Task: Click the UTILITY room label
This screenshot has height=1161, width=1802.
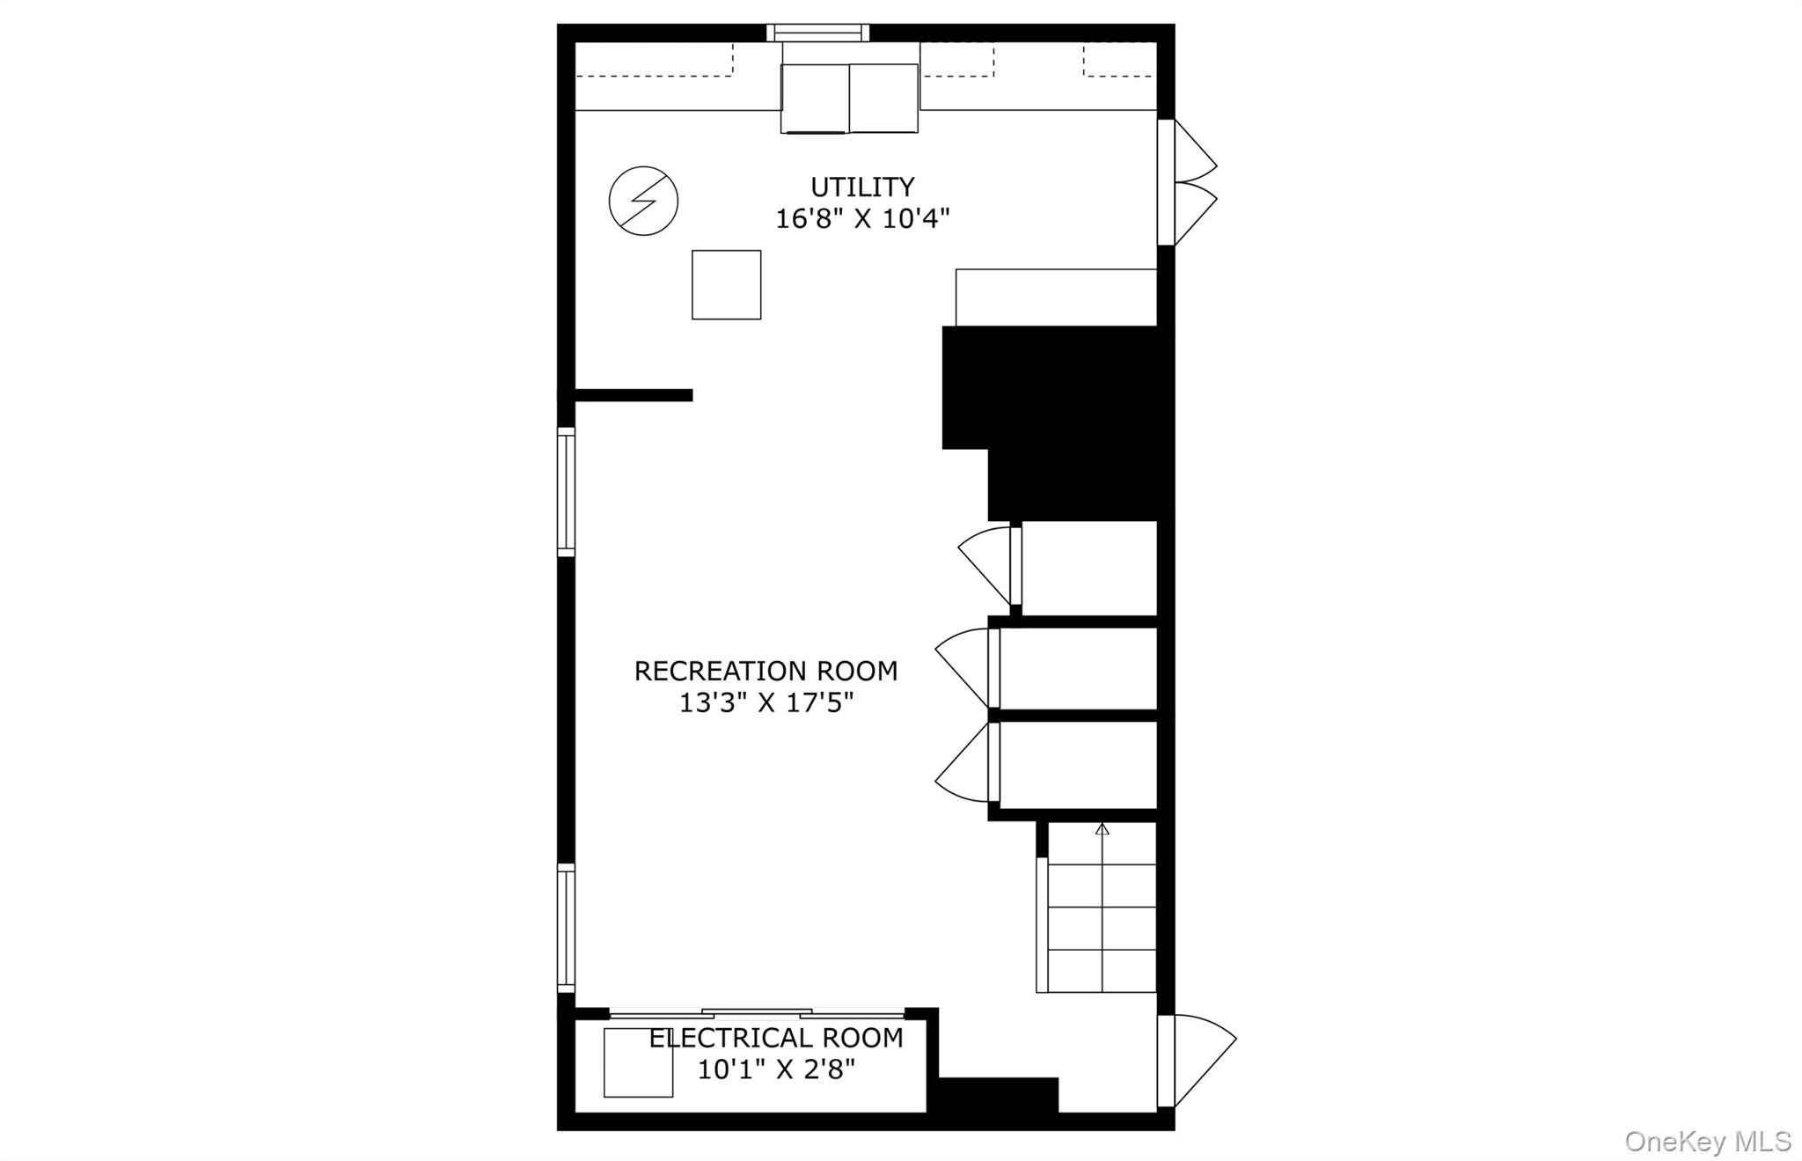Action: click(x=862, y=187)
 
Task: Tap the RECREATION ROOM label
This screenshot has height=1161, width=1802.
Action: click(x=765, y=671)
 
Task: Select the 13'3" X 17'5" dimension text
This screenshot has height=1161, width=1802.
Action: click(x=766, y=702)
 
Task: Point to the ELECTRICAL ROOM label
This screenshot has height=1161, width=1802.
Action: click(x=776, y=1038)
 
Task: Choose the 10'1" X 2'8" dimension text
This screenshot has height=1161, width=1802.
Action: click(x=776, y=1069)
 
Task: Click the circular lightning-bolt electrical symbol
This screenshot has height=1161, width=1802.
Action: click(x=643, y=201)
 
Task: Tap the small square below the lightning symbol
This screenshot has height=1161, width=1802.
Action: click(x=726, y=284)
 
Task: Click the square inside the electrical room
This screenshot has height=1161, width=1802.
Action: click(x=638, y=1062)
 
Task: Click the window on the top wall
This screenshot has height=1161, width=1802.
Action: click(x=817, y=33)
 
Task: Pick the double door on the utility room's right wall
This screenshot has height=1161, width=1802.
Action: click(x=1187, y=182)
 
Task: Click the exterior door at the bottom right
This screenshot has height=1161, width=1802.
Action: click(x=1197, y=1061)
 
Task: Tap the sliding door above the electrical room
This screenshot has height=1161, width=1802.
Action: click(x=757, y=1013)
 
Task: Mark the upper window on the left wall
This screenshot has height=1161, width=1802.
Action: click(x=566, y=491)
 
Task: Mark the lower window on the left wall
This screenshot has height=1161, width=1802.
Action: click(x=566, y=929)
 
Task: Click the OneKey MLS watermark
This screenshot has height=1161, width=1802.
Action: click(x=1707, y=1141)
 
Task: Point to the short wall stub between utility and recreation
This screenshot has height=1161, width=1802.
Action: click(x=634, y=395)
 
